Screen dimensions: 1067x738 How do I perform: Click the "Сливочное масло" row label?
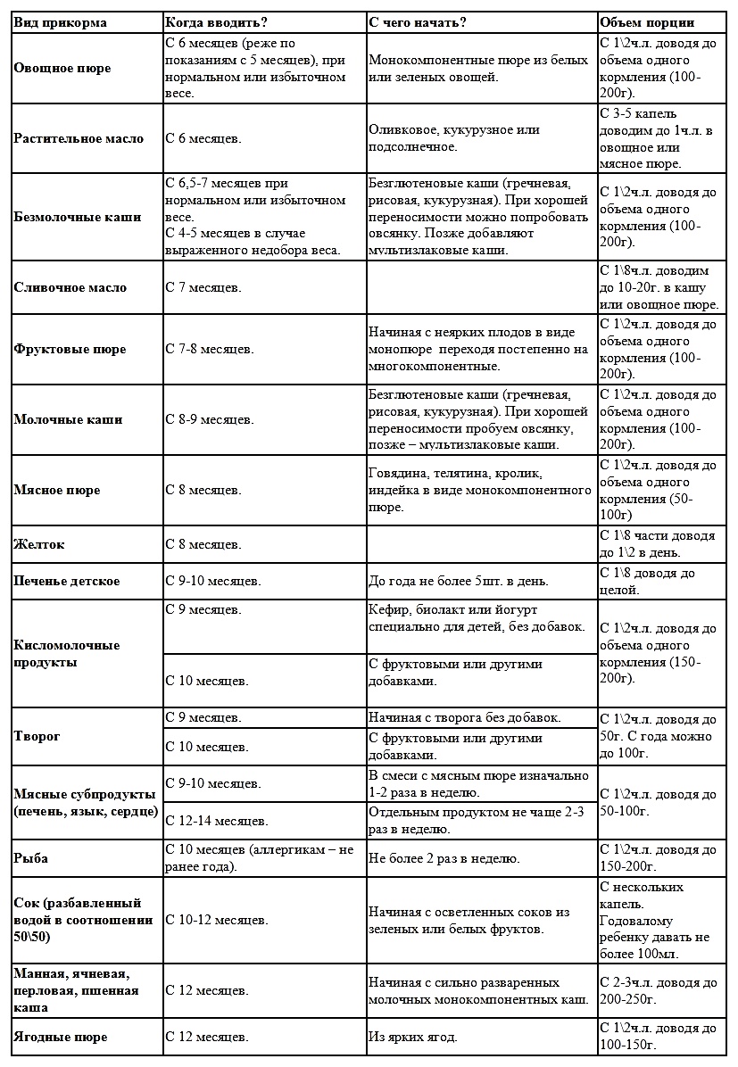pos(70,287)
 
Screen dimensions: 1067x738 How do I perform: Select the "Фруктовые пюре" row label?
pos(70,349)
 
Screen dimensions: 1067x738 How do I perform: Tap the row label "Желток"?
pos(39,543)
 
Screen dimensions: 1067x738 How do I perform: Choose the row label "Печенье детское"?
pos(67,581)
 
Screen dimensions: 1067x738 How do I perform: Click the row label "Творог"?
pos(37,736)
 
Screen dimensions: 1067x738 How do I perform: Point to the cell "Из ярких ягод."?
pos(412,1037)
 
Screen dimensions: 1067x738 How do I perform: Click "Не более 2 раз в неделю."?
pos(444,858)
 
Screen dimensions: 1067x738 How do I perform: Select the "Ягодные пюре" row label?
pos(60,1037)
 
